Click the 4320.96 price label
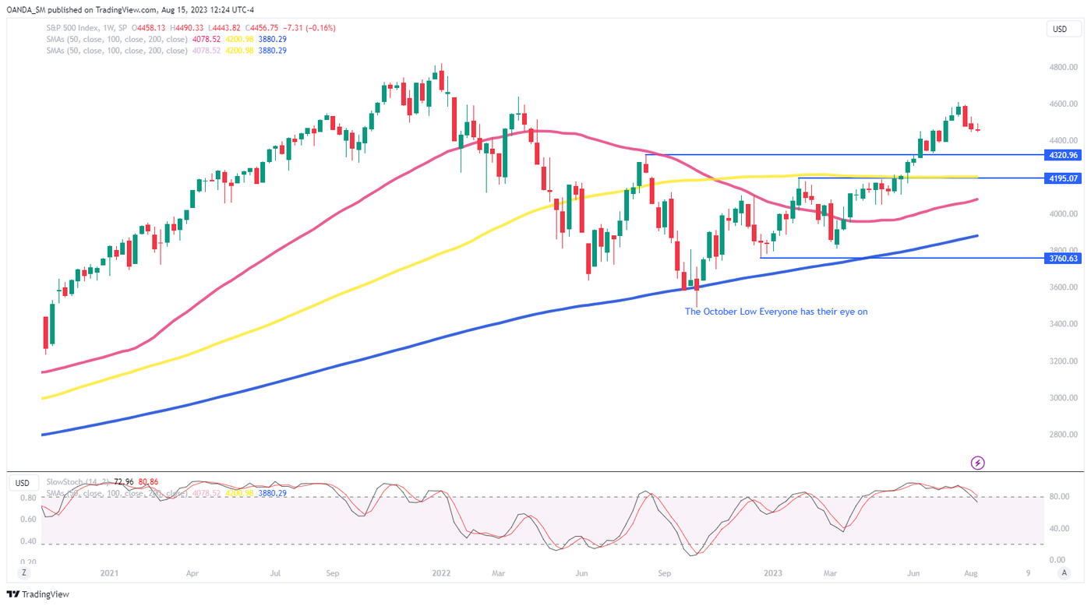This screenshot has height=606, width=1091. coord(1062,155)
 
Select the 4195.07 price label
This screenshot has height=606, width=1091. coord(1062,178)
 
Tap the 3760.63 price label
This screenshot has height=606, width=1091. coord(1062,258)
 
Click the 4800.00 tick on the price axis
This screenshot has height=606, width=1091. coord(1063,67)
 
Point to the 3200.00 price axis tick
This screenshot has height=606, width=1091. coord(1063,361)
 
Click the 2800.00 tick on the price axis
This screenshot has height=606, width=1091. coord(1063,435)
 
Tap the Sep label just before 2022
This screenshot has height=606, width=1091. coord(333,573)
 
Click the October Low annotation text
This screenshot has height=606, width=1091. coord(775,312)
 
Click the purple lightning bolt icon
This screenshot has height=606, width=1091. coord(978,463)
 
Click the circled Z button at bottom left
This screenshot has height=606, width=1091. coord(26,573)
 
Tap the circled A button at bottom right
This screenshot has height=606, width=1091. coord(1064,573)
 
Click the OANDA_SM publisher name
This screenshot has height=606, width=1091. coord(29,9)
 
